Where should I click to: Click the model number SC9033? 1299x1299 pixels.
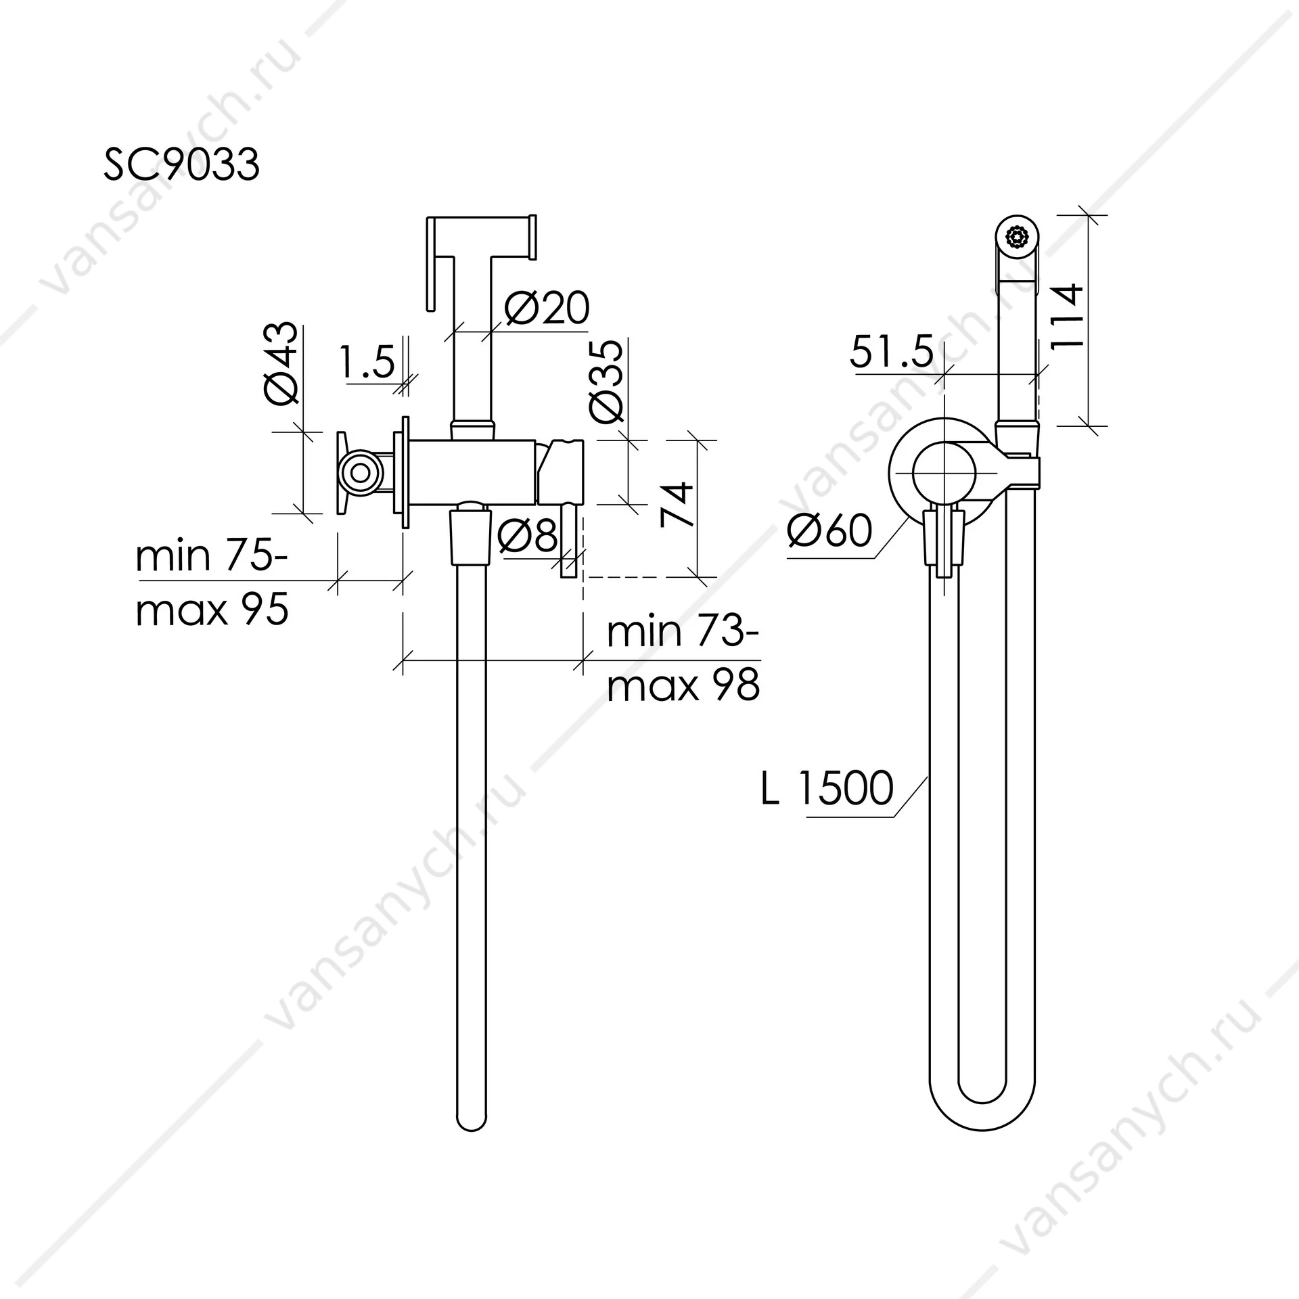tap(181, 164)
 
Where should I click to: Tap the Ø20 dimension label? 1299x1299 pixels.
tap(547, 308)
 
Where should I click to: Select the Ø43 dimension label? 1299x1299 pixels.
tap(281, 363)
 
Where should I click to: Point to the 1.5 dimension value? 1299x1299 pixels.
tap(366, 362)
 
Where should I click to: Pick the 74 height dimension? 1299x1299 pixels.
tap(677, 504)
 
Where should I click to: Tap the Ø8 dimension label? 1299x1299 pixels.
tap(528, 535)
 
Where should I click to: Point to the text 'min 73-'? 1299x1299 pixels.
tap(683, 631)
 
